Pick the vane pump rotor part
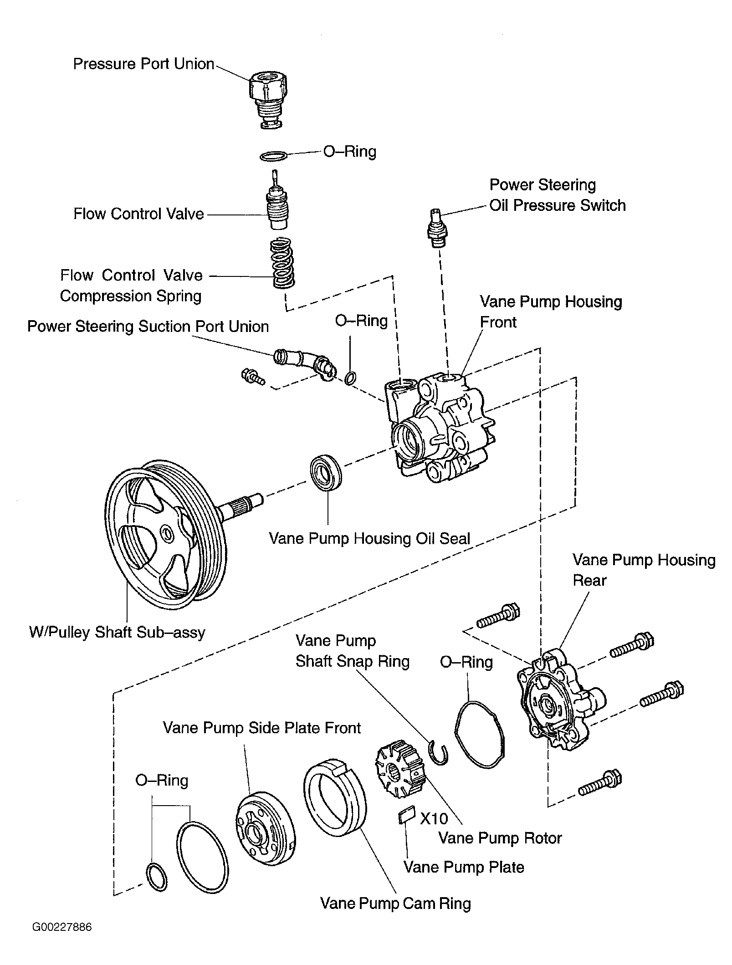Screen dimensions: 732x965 400,769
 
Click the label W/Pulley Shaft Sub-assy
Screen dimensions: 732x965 117,632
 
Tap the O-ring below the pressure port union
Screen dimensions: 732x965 273,156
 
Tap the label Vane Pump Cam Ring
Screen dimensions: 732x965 395,903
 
